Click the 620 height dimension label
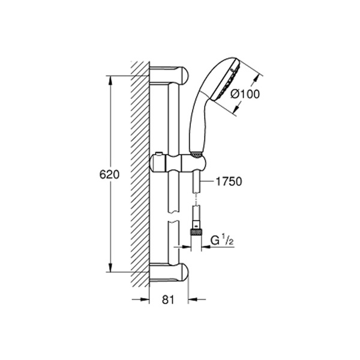click(x=110, y=175)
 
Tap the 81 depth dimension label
click(x=168, y=299)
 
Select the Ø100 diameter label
click(x=245, y=94)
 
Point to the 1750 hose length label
click(x=229, y=182)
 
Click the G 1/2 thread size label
click(x=222, y=241)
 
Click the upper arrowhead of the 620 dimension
click(x=110, y=81)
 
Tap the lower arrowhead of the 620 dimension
click(x=110, y=267)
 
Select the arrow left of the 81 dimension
click(x=140, y=299)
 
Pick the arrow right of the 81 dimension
click(x=197, y=299)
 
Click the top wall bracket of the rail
click(x=169, y=75)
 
